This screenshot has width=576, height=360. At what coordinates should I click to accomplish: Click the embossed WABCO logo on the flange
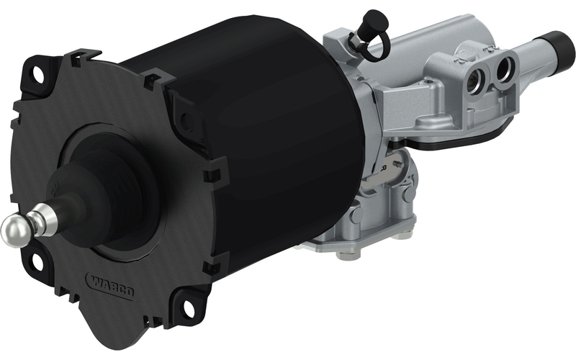[x=110, y=285]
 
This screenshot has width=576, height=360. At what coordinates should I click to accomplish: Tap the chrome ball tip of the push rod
[x=15, y=231]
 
